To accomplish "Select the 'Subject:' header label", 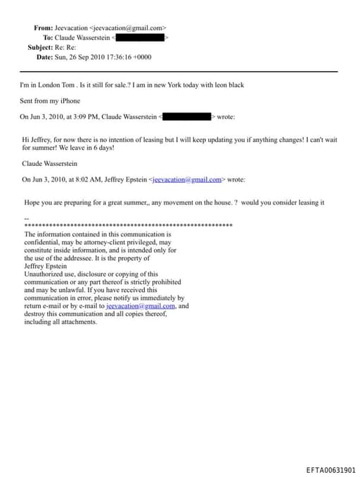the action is click(39, 47).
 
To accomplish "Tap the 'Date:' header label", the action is click(44, 57).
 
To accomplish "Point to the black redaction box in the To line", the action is click(139, 37).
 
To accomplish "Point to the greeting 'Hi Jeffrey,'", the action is click(37, 140).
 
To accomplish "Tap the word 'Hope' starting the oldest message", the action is click(32, 203).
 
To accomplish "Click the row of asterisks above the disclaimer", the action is click(128, 226).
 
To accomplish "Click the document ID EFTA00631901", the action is click(330, 470).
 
